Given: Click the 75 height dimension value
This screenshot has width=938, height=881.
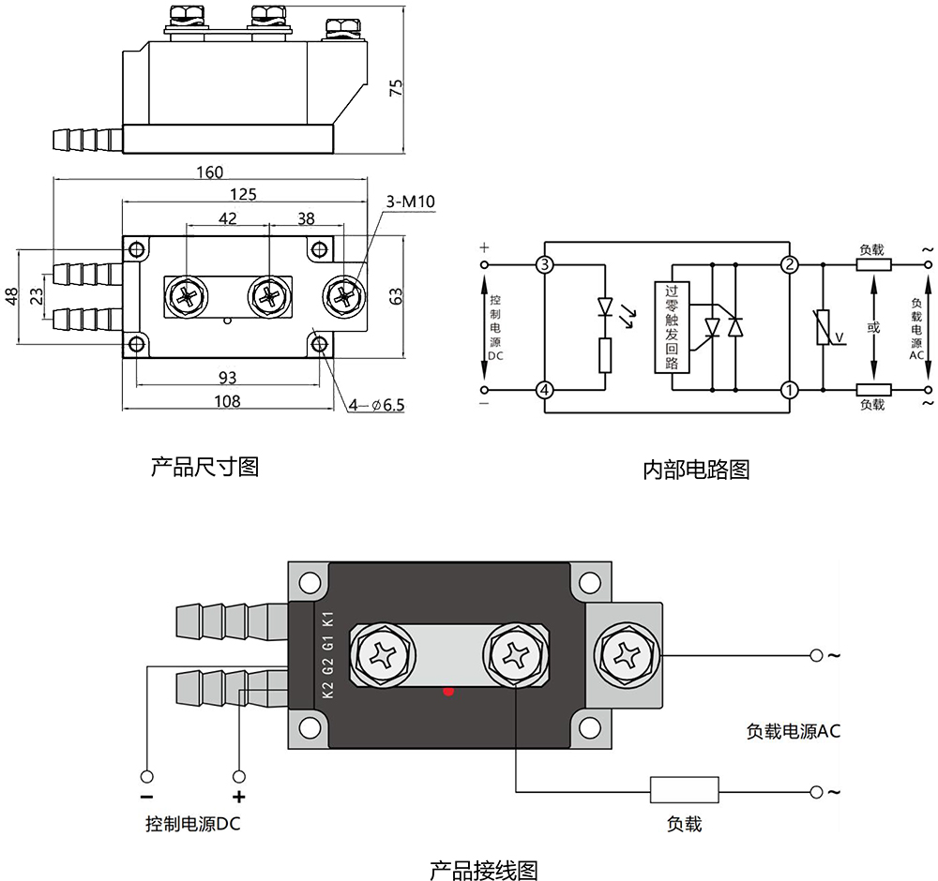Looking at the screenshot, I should click(x=396, y=87).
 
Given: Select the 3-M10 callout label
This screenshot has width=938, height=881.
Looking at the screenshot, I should click(x=410, y=202).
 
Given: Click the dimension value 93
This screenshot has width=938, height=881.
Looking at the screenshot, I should click(x=226, y=378).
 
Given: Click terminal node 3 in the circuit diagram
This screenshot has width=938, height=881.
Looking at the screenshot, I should click(x=544, y=264).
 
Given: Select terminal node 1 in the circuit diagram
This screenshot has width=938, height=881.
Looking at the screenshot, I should click(x=790, y=389).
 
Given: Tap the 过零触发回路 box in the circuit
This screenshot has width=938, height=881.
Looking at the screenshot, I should click(x=670, y=327).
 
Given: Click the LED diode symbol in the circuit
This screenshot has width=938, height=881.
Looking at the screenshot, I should click(x=605, y=306).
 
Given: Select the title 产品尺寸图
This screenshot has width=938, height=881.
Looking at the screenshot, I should click(x=204, y=466).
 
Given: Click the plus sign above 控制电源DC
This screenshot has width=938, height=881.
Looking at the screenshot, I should click(x=238, y=798).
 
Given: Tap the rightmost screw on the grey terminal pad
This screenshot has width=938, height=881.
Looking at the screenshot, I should click(x=624, y=655).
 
